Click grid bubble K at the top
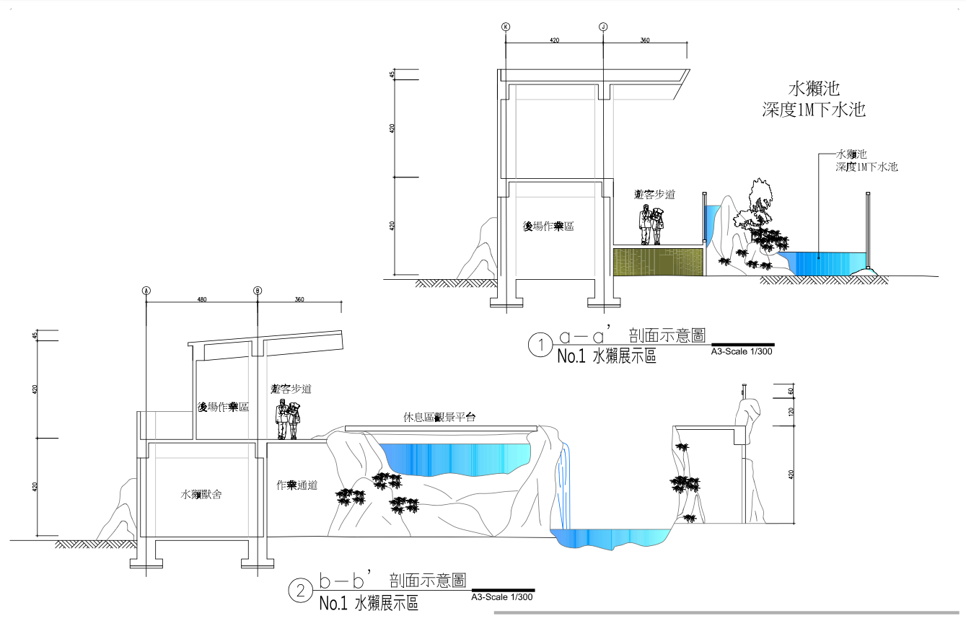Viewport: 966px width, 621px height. pyautogui.click(x=505, y=27)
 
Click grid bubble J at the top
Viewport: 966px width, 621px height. pyautogui.click(x=603, y=27)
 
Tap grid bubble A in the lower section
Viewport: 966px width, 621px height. pyautogui.click(x=146, y=291)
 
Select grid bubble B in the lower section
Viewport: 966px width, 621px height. pyautogui.click(x=258, y=291)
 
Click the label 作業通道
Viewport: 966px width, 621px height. pyautogui.click(x=297, y=485)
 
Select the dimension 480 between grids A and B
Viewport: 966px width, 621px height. pyautogui.click(x=202, y=299)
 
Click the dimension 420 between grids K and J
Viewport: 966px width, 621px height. pyautogui.click(x=554, y=40)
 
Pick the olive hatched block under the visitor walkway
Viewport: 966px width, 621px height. pyautogui.click(x=657, y=261)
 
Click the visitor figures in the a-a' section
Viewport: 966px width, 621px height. pyautogui.click(x=651, y=225)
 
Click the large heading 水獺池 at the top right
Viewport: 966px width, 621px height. pyautogui.click(x=814, y=89)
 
